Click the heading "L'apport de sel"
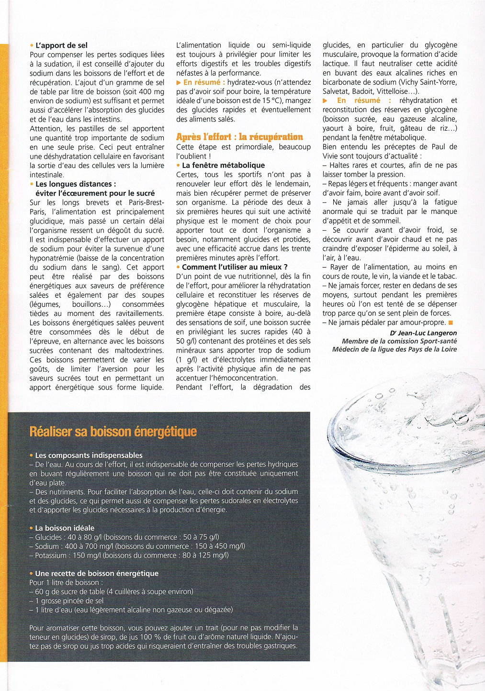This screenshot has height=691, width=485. click(x=61, y=45)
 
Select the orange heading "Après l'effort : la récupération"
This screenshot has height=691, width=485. click(x=239, y=137)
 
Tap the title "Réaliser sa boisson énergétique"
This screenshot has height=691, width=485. click(x=113, y=432)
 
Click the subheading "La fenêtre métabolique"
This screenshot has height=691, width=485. click(x=223, y=165)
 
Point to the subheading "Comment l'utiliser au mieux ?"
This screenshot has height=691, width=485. click(x=235, y=267)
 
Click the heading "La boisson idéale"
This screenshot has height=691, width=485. click(x=65, y=528)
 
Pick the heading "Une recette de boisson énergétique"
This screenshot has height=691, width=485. click(x=96, y=573)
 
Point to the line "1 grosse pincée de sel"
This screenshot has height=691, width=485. click(x=69, y=601)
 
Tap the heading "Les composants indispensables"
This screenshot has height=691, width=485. click(x=89, y=455)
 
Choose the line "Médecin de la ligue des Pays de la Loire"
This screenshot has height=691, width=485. click(x=395, y=349)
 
